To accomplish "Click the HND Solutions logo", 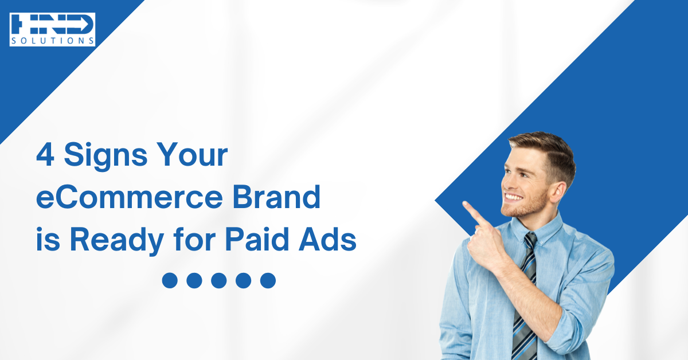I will [x=52, y=29].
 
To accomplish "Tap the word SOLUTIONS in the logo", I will [x=52, y=41].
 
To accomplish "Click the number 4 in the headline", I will [x=44, y=155].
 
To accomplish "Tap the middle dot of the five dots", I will [x=219, y=280].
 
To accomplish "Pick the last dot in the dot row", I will [x=268, y=280].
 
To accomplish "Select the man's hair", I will [x=545, y=146].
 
